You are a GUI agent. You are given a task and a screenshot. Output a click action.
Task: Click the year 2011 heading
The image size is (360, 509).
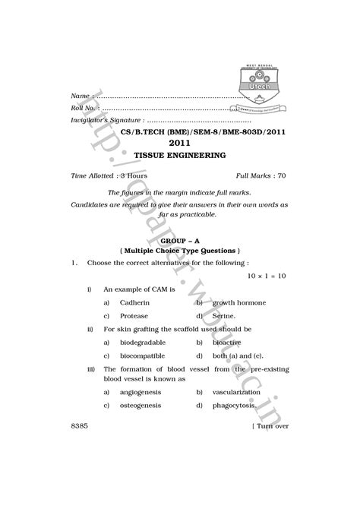179,143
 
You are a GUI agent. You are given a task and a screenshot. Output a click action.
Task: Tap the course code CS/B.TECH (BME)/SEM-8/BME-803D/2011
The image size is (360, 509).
180,131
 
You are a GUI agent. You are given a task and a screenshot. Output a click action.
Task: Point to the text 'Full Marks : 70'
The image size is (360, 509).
261,175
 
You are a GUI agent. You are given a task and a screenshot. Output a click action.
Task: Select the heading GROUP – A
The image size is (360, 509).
180,240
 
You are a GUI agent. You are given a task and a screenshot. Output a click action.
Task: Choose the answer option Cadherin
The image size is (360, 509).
135,302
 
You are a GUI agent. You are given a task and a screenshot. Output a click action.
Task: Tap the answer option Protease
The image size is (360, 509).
134,315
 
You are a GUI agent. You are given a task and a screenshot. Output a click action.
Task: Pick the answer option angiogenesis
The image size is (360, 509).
141,392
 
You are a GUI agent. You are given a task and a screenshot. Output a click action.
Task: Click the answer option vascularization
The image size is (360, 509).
241,392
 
